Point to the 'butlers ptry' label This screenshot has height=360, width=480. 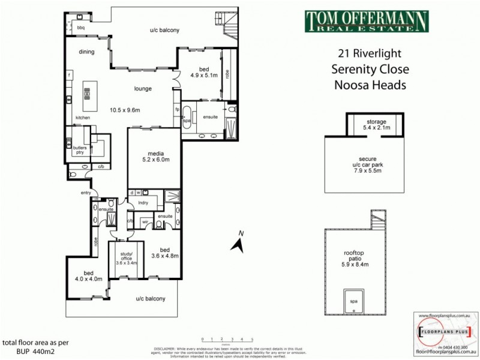pos(77,149)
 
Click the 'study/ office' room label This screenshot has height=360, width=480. pos(126,259)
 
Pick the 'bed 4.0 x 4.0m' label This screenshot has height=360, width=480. pos(88,275)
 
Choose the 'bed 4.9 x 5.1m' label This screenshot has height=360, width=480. pos(199,72)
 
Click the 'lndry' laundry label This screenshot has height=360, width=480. pos(143,203)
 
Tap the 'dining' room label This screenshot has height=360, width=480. pos(87,52)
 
